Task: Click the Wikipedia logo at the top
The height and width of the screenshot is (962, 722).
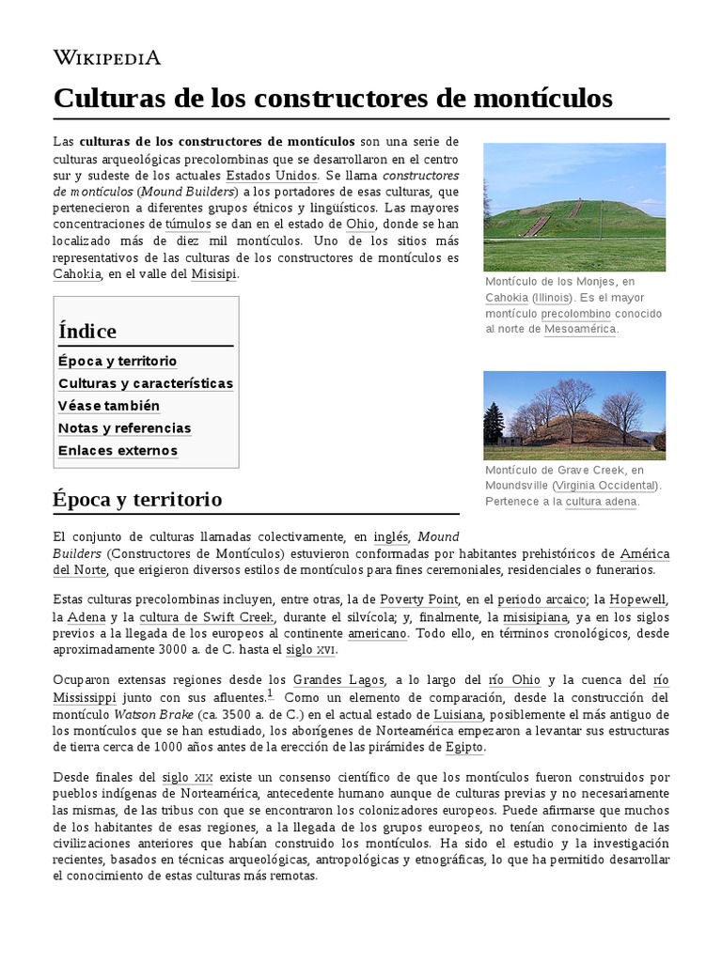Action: pyautogui.click(x=106, y=58)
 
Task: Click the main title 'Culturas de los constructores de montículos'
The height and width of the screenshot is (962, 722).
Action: pyautogui.click(x=333, y=98)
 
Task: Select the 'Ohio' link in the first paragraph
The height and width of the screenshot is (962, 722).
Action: pyautogui.click(x=360, y=225)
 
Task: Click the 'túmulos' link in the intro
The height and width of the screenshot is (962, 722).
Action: pyautogui.click(x=189, y=225)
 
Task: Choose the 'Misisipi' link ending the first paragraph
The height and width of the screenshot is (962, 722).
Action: pyautogui.click(x=214, y=273)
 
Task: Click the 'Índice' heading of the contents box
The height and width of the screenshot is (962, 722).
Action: pyautogui.click(x=87, y=331)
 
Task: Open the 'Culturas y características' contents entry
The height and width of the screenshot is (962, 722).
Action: pyautogui.click(x=146, y=383)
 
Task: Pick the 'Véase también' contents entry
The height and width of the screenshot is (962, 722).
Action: pyautogui.click(x=109, y=406)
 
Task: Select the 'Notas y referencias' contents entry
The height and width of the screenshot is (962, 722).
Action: pyautogui.click(x=125, y=428)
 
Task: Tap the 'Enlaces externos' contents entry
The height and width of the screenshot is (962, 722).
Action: pyautogui.click(x=118, y=451)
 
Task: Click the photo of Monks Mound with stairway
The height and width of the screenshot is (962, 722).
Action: pyautogui.click(x=573, y=207)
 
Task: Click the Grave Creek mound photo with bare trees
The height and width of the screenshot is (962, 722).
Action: pyautogui.click(x=573, y=415)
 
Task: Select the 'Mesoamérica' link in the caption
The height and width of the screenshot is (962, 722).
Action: pyautogui.click(x=580, y=330)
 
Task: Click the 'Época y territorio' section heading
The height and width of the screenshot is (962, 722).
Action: pyautogui.click(x=137, y=498)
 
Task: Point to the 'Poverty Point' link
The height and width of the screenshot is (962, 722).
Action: pyautogui.click(x=418, y=599)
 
